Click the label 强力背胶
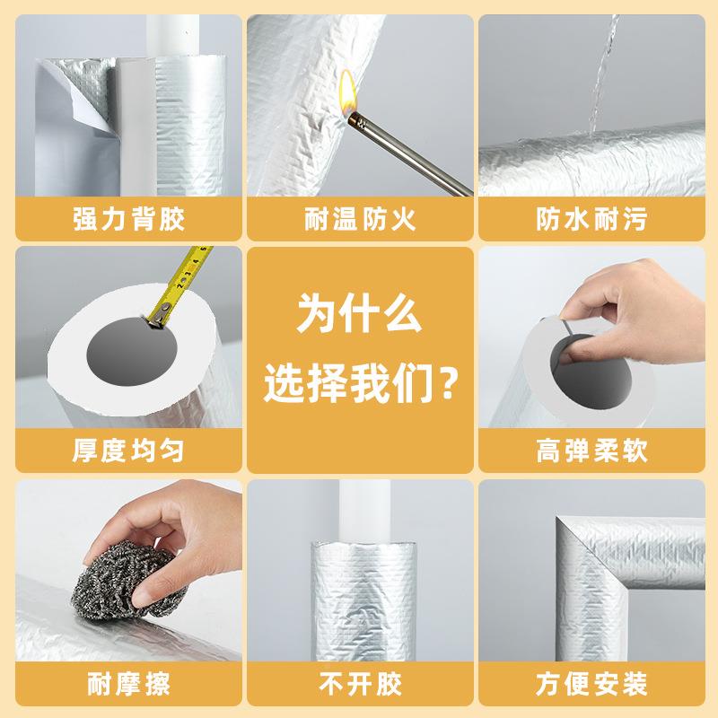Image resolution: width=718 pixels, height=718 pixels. point(128,219)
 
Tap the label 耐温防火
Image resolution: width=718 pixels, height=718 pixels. point(359,219)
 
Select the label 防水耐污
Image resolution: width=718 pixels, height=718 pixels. point(590,219)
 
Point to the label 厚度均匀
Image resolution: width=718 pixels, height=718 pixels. point(128,450)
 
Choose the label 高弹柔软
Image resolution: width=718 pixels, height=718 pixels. point(590,450)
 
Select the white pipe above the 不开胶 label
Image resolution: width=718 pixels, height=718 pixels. point(358,507)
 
